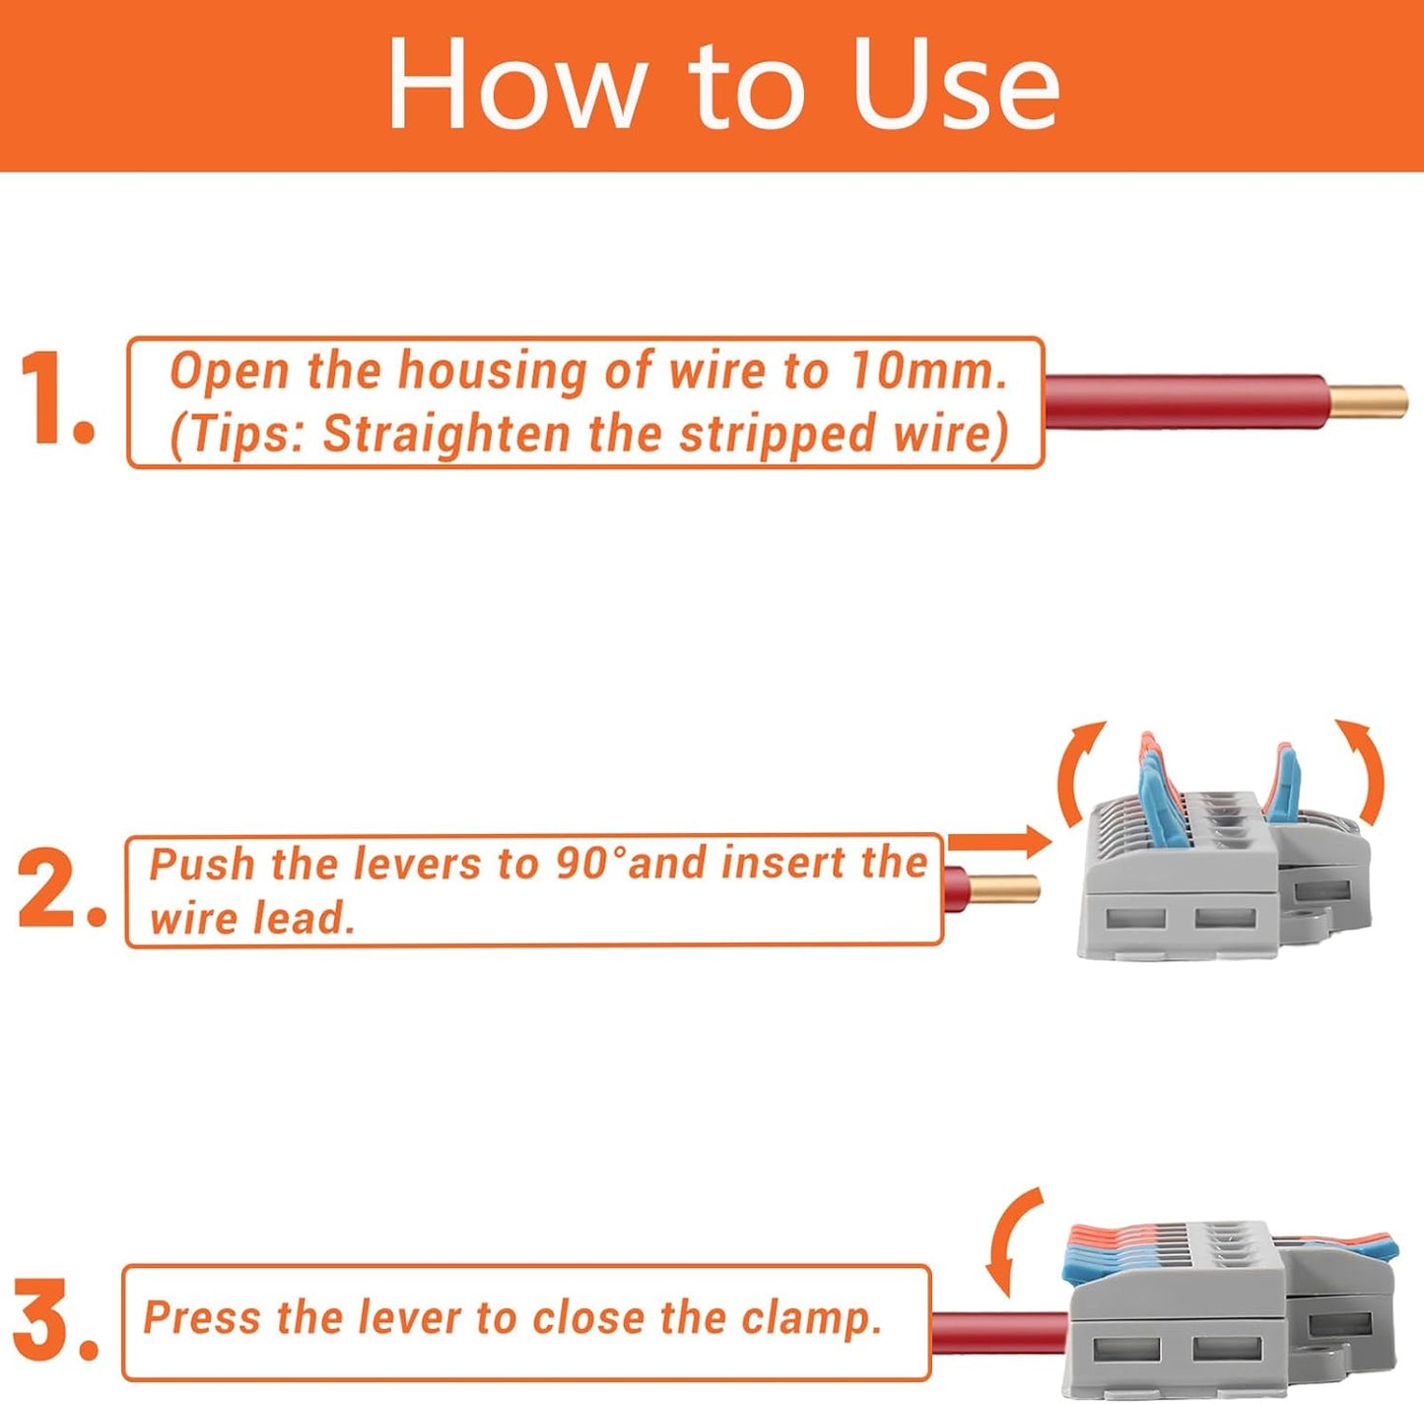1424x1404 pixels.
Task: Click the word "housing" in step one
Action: click(x=493, y=371)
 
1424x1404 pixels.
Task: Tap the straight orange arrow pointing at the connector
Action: click(x=1000, y=841)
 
